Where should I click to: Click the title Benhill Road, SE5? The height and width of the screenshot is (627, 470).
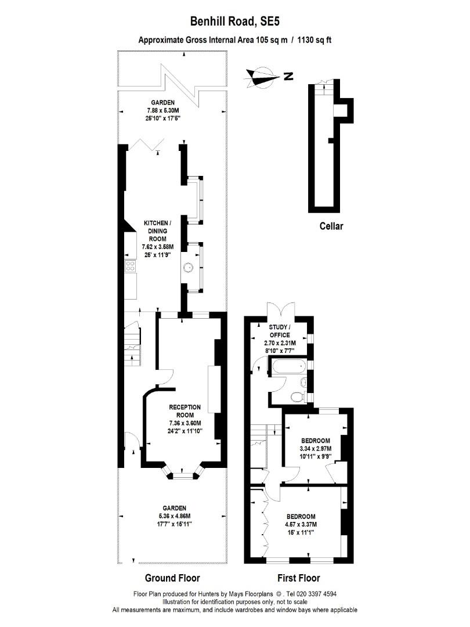pyautogui.click(x=234, y=21)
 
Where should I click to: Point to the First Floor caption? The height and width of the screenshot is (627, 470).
pyautogui.click(x=298, y=578)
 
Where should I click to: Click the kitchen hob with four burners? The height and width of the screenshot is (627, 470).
pyautogui.click(x=131, y=267)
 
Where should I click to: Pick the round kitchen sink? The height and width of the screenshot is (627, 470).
pyautogui.click(x=188, y=268)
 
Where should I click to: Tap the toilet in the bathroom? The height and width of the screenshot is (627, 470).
pyautogui.click(x=297, y=397)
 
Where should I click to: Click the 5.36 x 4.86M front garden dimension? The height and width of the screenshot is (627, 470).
pyautogui.click(x=173, y=516)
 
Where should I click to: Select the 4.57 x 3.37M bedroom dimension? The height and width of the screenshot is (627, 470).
pyautogui.click(x=301, y=525)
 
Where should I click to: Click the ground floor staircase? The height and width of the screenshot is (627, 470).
pyautogui.click(x=132, y=346)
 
